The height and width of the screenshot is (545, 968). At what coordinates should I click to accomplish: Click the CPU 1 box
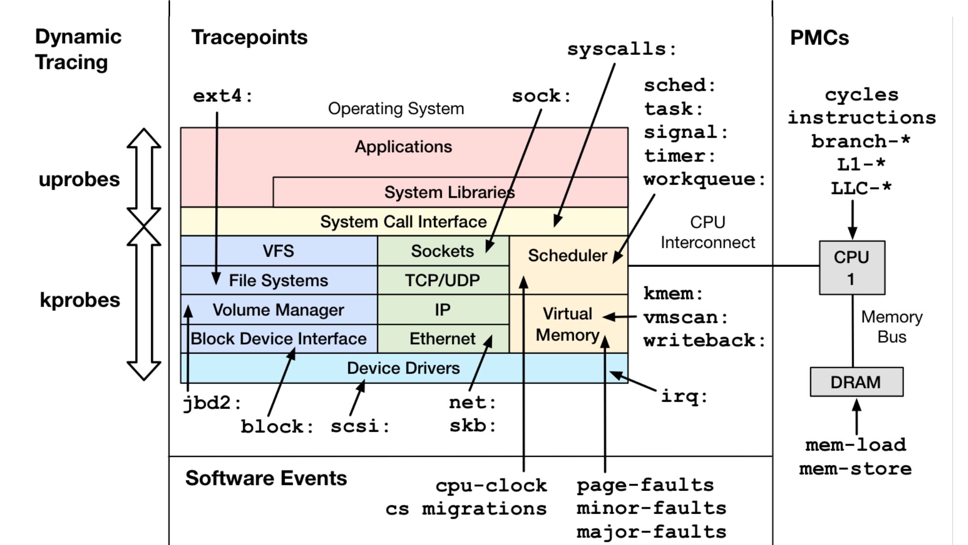click(852, 267)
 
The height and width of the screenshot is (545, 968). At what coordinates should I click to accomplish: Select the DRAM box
click(856, 382)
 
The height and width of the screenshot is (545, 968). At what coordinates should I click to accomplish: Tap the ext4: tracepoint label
click(222, 96)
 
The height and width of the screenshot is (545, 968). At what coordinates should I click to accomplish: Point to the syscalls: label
click(621, 49)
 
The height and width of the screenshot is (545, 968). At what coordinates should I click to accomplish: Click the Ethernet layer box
click(442, 339)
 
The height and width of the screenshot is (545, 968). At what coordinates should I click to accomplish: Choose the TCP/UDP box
click(442, 280)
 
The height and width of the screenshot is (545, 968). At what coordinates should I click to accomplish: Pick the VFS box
click(278, 251)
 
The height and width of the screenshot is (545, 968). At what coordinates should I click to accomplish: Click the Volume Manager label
click(278, 310)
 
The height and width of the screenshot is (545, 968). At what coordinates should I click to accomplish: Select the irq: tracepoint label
click(684, 396)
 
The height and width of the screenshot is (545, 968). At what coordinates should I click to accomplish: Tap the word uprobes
click(79, 179)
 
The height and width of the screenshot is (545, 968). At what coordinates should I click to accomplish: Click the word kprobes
click(80, 300)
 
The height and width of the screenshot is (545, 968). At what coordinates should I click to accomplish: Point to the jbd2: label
click(211, 403)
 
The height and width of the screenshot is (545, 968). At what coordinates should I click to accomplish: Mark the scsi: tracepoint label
click(359, 426)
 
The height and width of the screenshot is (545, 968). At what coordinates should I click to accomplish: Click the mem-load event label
click(856, 445)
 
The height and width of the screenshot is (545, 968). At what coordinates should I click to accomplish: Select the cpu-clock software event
click(491, 485)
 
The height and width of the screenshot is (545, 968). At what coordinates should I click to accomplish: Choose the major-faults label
click(651, 532)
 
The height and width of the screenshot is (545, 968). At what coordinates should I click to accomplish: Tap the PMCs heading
click(819, 38)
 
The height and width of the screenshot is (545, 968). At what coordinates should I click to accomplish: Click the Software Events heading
click(266, 478)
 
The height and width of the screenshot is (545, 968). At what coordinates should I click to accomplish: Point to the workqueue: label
click(704, 179)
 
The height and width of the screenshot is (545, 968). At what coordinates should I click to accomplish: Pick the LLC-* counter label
click(861, 188)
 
